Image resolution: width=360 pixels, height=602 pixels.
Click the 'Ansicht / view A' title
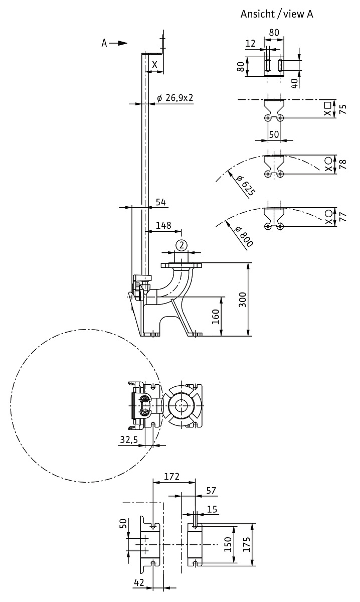click(x=277, y=14)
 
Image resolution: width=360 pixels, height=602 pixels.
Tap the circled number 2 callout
click(x=182, y=245)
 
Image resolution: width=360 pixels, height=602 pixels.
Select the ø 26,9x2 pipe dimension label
click(x=175, y=98)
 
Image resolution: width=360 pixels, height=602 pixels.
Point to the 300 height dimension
click(x=242, y=299)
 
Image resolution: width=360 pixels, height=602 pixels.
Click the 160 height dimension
click(x=216, y=317)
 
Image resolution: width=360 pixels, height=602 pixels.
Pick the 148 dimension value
click(x=163, y=225)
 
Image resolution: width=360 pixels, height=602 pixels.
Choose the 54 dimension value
click(x=160, y=202)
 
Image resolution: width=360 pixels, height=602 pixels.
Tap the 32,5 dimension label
click(x=129, y=439)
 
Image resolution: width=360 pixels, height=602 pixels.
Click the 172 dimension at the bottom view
click(x=171, y=477)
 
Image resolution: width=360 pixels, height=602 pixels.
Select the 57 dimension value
click(x=211, y=491)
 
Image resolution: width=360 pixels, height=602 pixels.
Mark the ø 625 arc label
click(x=245, y=186)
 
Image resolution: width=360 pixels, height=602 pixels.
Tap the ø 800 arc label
click(x=243, y=237)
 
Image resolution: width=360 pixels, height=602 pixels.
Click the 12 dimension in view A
click(x=250, y=43)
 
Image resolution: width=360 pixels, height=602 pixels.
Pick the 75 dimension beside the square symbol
click(x=343, y=109)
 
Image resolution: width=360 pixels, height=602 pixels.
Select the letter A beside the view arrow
click(x=104, y=43)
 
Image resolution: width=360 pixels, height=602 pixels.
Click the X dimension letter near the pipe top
click(x=154, y=65)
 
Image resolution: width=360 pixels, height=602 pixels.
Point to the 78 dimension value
click(x=343, y=164)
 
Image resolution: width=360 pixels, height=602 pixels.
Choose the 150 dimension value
click(x=228, y=544)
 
